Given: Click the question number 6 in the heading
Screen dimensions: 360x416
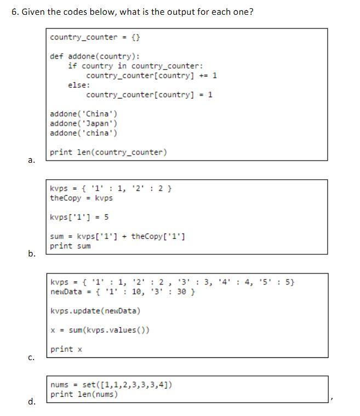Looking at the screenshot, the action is tap(14, 12).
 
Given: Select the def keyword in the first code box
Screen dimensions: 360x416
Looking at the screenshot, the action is tap(56, 56).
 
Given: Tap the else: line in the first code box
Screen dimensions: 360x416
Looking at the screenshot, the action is tap(79, 85).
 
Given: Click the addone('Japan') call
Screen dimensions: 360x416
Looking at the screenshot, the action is tap(83, 123).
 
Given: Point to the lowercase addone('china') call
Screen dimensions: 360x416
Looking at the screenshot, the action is tap(83, 133).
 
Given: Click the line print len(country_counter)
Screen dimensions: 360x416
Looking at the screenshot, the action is tap(108, 152).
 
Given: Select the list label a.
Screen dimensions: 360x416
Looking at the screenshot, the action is tap(31, 160).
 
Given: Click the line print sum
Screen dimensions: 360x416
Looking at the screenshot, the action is tap(70, 246).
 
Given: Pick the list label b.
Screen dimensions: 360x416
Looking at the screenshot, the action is tap(31, 253).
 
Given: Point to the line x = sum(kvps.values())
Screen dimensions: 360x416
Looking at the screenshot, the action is tap(100, 330).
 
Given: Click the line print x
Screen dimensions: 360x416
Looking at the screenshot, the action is tap(66, 349).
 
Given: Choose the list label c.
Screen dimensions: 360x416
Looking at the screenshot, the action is tap(31, 357).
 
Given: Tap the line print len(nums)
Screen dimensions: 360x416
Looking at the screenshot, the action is tap(84, 394).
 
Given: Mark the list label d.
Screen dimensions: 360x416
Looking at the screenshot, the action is tap(31, 402).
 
